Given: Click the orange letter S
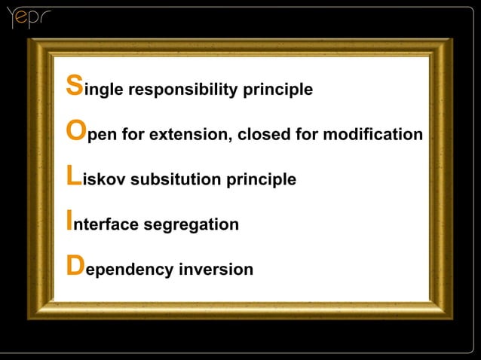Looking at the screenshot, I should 74,86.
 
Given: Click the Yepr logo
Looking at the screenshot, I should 27,18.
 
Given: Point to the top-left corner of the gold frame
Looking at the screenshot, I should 30,40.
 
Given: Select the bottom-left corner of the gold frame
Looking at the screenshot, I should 30,317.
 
